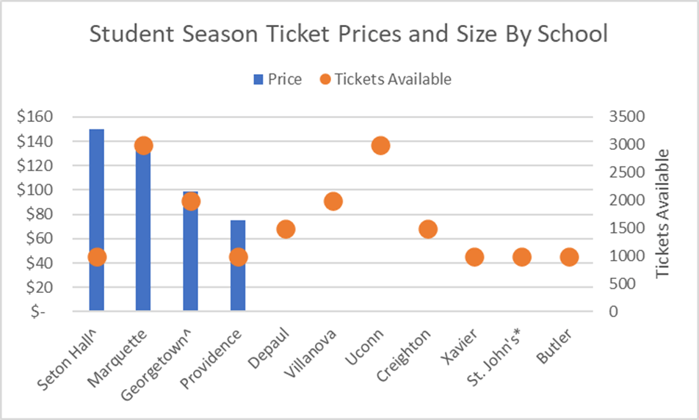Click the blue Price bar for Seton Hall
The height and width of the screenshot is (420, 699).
coord(96,191)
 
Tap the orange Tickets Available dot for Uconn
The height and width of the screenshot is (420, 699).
coord(380,145)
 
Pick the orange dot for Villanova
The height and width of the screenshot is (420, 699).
coord(333,201)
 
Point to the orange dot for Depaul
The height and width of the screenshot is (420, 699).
coord(286,229)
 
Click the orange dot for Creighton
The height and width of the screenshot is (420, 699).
coord(428,229)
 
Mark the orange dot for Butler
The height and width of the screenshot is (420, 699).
coord(569,257)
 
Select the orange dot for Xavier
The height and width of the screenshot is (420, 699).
coord(474,257)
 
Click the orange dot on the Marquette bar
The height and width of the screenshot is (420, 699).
coord(143,145)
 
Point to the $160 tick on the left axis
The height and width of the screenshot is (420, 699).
coord(34,117)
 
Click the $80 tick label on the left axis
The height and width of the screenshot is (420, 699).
coord(37,214)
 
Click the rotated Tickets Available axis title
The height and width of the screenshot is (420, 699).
coord(663,213)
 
